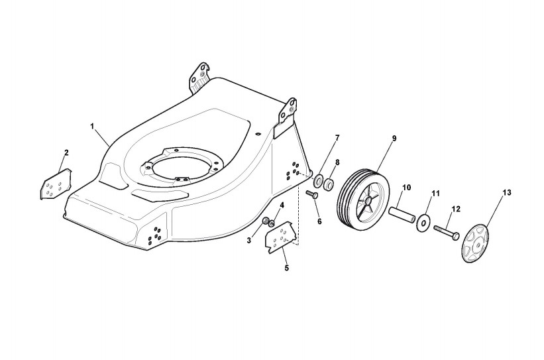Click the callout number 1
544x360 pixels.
click(93, 125)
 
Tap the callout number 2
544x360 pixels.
click(66, 153)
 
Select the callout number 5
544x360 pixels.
click(286, 269)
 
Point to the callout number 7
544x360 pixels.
click(337, 138)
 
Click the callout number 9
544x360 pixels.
click(394, 138)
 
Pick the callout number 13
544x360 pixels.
click(507, 193)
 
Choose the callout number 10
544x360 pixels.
click(406, 188)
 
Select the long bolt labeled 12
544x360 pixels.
click(447, 231)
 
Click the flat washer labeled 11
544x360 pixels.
click(422, 223)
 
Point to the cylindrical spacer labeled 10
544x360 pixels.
click(402, 214)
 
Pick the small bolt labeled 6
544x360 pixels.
click(313, 194)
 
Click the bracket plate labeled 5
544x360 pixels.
click(282, 237)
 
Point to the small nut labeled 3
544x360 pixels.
click(265, 220)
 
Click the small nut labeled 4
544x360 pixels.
click(271, 223)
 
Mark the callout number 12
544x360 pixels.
click(455, 210)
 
